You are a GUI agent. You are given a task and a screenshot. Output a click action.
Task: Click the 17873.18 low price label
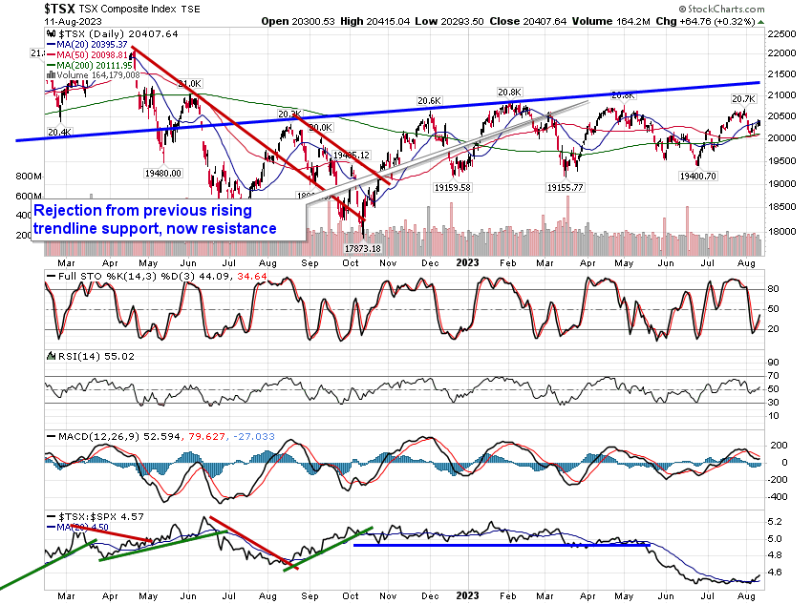(x=364, y=248)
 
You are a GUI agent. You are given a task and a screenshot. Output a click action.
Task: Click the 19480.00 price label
(x=163, y=174)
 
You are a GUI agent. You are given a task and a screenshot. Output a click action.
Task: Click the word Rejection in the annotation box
(x=73, y=212)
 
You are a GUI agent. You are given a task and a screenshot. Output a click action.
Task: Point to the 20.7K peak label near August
(x=743, y=99)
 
